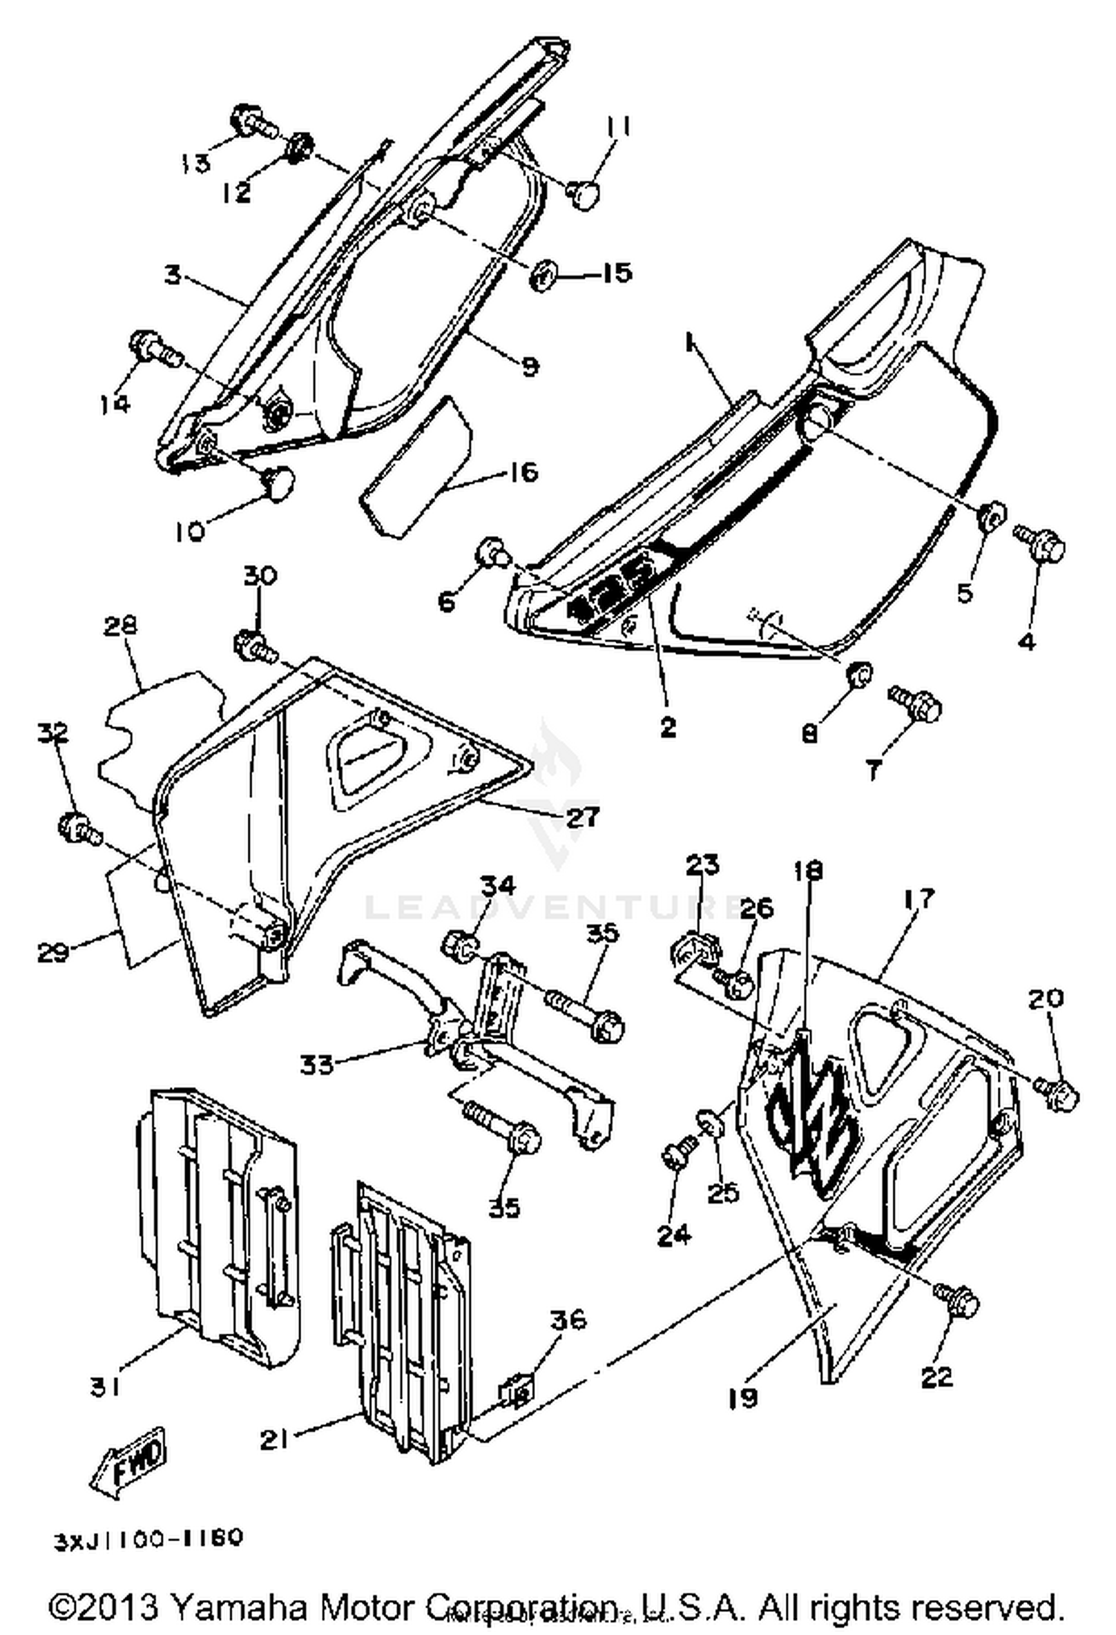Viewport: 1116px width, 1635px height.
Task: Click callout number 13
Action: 196,162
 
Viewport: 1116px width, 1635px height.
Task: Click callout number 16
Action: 524,473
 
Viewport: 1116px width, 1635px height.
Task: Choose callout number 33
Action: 316,1065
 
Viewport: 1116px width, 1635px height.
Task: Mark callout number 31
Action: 105,1386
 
